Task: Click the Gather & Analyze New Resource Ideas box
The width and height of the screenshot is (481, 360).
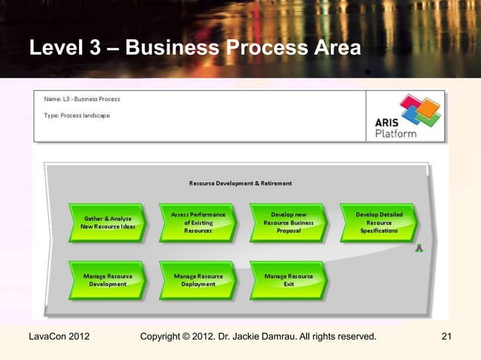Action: (107, 222)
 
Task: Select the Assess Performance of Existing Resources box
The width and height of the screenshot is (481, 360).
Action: (198, 222)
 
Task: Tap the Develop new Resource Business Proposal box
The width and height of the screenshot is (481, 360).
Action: (288, 222)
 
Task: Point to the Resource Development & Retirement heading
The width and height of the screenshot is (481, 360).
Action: (240, 183)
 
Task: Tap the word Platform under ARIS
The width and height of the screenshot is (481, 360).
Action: (396, 133)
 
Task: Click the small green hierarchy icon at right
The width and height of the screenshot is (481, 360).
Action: (419, 249)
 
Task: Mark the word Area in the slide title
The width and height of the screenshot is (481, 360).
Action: (334, 49)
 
